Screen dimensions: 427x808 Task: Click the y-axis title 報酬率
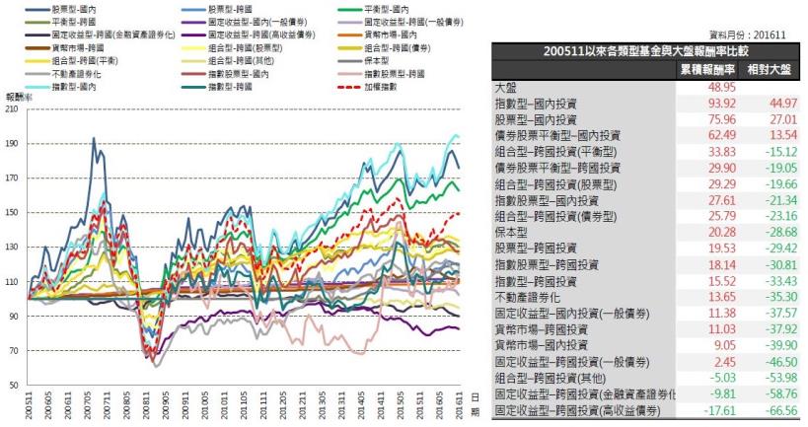(x=18, y=99)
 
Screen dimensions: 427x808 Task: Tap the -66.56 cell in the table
(x=775, y=407)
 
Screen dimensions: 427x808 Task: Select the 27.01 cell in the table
(x=775, y=119)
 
